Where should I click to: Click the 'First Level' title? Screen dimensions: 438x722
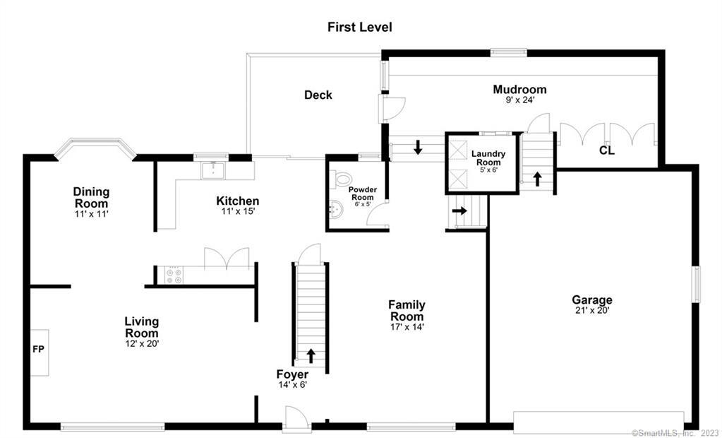359,28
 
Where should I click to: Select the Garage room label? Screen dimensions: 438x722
591,300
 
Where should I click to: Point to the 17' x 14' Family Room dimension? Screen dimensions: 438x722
407,326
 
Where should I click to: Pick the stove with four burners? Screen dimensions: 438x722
174,275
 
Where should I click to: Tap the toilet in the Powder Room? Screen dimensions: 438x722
344,179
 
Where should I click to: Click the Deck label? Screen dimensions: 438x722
318,95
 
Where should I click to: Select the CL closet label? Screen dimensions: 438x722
606,150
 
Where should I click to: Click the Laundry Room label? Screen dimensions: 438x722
486,157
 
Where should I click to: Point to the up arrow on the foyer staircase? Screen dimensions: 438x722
311,355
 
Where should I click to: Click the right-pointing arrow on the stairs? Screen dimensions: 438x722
459,211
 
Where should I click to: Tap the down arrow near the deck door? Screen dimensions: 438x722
418,148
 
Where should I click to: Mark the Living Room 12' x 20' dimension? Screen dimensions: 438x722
141,344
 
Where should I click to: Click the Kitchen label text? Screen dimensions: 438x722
237,201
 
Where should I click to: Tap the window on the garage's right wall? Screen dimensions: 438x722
696,283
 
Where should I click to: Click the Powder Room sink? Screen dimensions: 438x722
337,208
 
